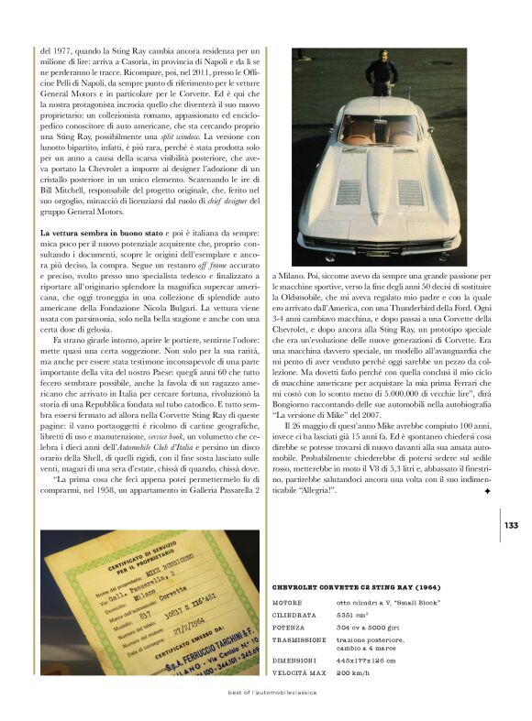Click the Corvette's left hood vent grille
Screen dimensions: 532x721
tap(349, 191)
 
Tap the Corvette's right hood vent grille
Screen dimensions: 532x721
tap(410, 191)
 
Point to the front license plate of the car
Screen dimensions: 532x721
tap(380, 250)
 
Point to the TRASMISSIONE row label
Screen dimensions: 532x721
tap(299, 639)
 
